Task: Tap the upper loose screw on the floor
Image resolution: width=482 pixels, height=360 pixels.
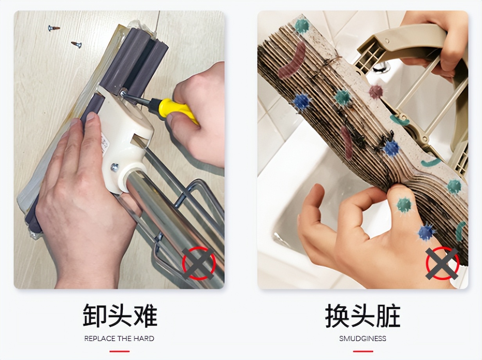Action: click(54, 28)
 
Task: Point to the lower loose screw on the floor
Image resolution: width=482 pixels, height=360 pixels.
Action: click(76, 44)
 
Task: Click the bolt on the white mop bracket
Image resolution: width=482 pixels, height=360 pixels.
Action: click(114, 167)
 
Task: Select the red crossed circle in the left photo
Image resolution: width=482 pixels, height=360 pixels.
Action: click(199, 263)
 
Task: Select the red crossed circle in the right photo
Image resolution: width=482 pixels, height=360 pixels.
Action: click(442, 263)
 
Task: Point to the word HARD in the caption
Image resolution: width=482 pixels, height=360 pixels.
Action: click(144, 338)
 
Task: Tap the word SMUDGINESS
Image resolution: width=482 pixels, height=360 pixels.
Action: click(363, 338)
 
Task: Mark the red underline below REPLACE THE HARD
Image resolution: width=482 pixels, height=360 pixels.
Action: click(119, 351)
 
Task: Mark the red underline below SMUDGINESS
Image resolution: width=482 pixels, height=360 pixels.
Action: click(363, 351)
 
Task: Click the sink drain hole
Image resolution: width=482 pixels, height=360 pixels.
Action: click(381, 67)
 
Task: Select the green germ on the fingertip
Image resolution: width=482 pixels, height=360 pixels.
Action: click(404, 205)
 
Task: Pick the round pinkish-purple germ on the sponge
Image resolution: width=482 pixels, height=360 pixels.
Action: click(376, 92)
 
